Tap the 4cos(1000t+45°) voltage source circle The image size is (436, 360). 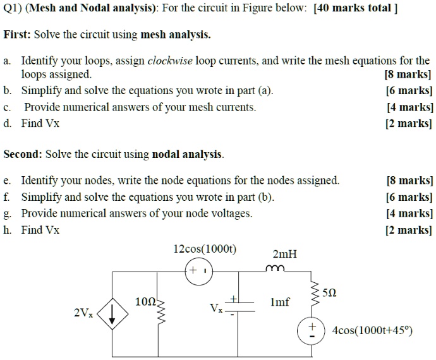[311, 330]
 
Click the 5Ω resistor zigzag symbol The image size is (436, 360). [311, 295]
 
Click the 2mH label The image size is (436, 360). [284, 255]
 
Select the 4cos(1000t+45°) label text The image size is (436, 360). [372, 330]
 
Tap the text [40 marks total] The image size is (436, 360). [355, 11]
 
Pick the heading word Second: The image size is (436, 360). [23, 154]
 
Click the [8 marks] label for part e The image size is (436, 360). [409, 181]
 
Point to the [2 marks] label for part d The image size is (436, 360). [409, 123]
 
